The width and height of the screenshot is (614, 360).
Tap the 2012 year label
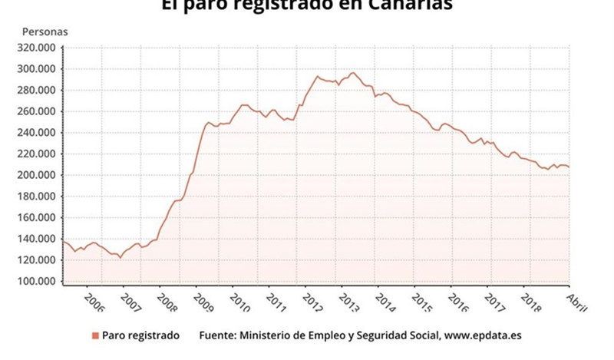(x=311, y=300)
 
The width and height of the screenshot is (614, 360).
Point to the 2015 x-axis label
(x=421, y=300)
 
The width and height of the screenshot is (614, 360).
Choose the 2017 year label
(x=494, y=300)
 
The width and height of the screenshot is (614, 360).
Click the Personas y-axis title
(x=45, y=31)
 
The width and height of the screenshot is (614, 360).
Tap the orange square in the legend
(x=95, y=335)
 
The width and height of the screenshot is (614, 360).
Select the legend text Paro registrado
(x=141, y=335)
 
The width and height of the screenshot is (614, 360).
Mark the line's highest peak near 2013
(x=353, y=73)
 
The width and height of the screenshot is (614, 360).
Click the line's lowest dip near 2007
(x=120, y=257)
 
